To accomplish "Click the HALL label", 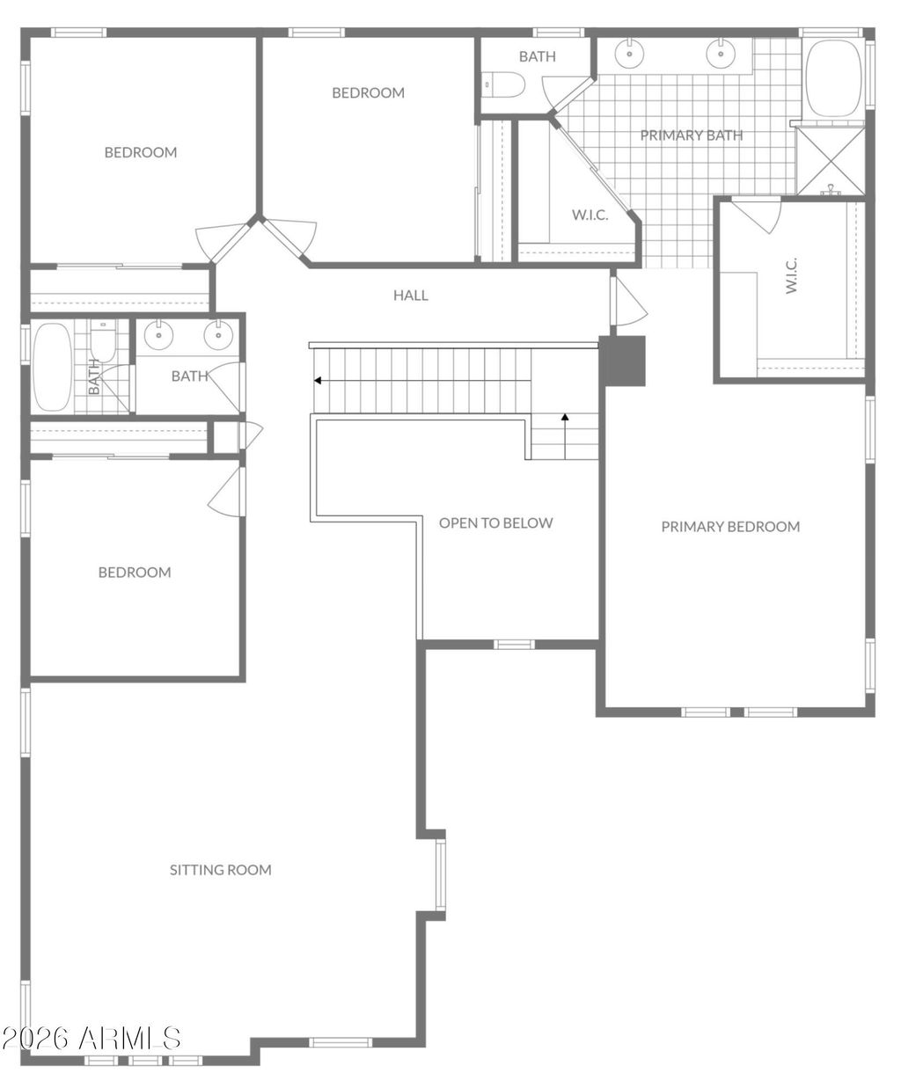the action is click(x=411, y=296).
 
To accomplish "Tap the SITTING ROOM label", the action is click(x=221, y=870).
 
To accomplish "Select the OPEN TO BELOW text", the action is click(x=496, y=523).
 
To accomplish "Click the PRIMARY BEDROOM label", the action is click(x=730, y=527).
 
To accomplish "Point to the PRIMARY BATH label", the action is click(x=692, y=135).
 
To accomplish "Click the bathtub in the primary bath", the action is click(x=834, y=78).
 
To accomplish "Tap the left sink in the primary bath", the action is click(x=629, y=53).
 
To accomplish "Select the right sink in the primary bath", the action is click(x=722, y=53).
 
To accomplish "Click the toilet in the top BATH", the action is click(x=503, y=84).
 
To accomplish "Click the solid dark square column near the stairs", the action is click(x=622, y=361).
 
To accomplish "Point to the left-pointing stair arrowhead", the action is click(x=318, y=381).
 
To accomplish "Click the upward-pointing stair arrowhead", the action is click(x=565, y=417).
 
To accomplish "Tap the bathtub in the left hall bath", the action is click(x=53, y=367).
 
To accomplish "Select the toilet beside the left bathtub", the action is click(x=103, y=341).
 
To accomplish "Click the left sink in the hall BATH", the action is click(x=158, y=336).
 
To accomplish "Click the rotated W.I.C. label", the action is click(x=792, y=275).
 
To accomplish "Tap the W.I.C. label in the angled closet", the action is click(x=590, y=215).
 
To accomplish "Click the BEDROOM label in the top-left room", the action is click(x=141, y=153).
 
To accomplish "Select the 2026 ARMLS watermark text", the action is click(x=92, y=1039).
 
